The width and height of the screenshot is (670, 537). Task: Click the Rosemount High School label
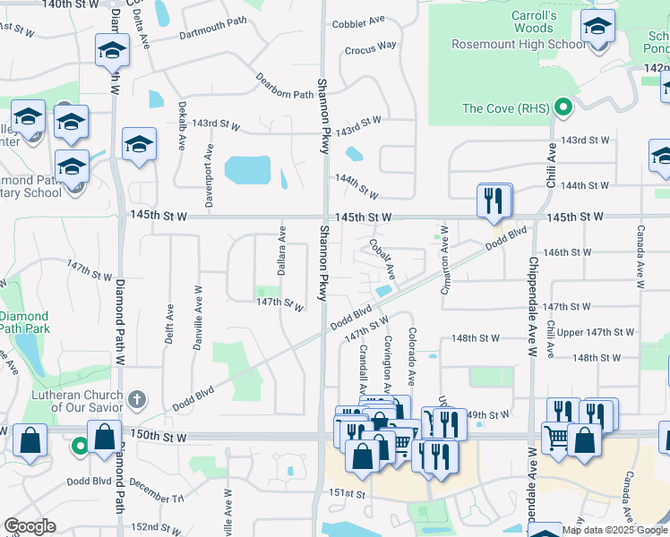(506, 44)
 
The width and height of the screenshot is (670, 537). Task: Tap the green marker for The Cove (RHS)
(563, 109)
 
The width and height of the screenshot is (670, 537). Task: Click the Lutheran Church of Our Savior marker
(136, 397)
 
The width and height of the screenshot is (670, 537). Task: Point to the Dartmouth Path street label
(212, 34)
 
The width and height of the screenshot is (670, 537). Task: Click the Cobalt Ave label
(383, 257)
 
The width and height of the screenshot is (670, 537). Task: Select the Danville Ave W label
(197, 318)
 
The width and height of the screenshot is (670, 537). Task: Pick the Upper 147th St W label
(596, 333)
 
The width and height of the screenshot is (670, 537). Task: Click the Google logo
(30, 526)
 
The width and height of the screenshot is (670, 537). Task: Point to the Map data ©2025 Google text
(614, 530)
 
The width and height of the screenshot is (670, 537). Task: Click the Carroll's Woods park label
(534, 21)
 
